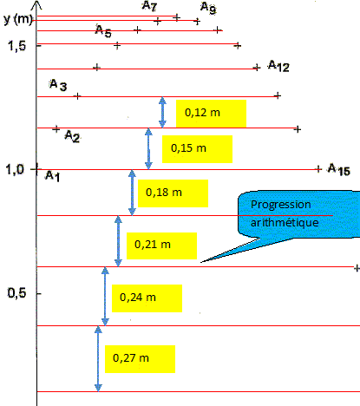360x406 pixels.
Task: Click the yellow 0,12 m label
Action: click(211, 114)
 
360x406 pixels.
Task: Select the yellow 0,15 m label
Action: click(197, 149)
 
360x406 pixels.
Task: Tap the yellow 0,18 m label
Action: click(173, 193)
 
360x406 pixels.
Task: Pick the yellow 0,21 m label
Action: click(161, 246)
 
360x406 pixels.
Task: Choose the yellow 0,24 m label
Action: click(147, 298)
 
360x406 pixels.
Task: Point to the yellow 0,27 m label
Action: click(140, 359)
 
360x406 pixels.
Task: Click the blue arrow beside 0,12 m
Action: click(162, 112)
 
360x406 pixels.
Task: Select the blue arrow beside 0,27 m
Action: click(98, 358)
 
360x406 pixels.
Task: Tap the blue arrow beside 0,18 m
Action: click(132, 193)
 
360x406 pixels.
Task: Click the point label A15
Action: click(339, 169)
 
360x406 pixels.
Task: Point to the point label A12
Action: click(278, 66)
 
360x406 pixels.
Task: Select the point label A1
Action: click(53, 176)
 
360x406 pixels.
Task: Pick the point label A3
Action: click(58, 85)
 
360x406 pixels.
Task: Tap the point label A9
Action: click(208, 8)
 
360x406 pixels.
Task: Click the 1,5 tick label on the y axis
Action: click(16, 46)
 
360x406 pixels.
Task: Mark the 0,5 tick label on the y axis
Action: click(16, 293)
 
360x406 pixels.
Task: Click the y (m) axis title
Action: click(18, 19)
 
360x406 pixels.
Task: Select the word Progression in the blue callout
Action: click(281, 205)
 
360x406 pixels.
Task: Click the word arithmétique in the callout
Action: click(285, 222)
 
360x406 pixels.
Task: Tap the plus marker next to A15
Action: click(318, 169)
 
